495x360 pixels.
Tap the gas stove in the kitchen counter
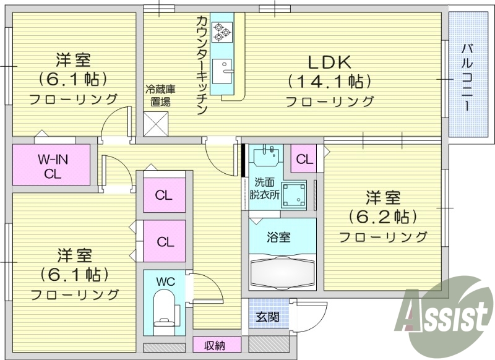click(x=221, y=31)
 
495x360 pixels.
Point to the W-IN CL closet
click(x=52, y=165)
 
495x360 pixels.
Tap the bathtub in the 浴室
click(x=282, y=271)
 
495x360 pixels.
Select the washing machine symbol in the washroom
click(x=295, y=195)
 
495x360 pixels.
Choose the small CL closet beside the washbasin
click(x=304, y=158)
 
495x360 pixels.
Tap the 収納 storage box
click(x=215, y=345)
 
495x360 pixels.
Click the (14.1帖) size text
click(x=330, y=81)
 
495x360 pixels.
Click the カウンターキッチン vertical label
click(x=201, y=65)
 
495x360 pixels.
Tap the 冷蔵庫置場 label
click(x=158, y=95)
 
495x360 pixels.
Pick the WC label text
click(x=165, y=281)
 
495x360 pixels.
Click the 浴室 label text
click(x=280, y=237)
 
